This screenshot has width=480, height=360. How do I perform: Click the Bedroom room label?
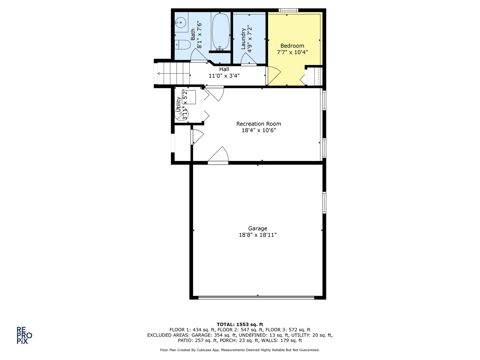pos(292,46)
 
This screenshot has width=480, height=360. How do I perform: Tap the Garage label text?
pos(258,228)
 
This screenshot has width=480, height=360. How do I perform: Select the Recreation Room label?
pos(259,124)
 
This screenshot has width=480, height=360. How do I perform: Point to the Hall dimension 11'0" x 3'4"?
pos(224,76)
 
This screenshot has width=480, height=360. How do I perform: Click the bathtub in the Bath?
pos(221,32)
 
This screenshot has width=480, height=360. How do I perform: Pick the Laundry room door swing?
pos(249,59)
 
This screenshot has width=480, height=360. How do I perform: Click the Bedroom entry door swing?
pos(273,75)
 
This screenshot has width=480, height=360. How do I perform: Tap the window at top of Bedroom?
pos(288,10)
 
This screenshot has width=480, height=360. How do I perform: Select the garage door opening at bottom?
pos(256,297)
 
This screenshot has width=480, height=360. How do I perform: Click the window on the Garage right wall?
pos(324,202)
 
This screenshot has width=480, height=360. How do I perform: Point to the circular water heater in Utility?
pos(182,114)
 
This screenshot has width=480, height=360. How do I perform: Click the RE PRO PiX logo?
pos(24,335)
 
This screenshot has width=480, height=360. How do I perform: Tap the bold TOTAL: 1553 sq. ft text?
pos(240,324)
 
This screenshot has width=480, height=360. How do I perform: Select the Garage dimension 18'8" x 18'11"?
pos(258,235)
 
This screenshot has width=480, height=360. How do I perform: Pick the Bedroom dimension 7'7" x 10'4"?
pos(292,52)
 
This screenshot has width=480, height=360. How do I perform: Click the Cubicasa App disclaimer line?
pos(240,350)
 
